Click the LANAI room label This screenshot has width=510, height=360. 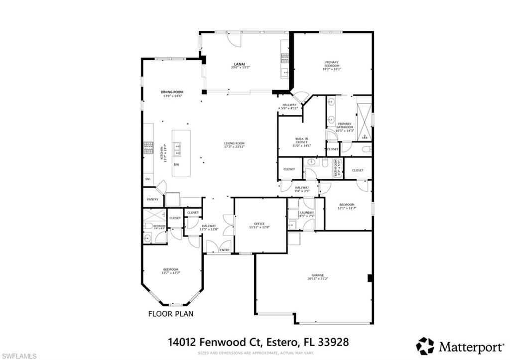point(239,64)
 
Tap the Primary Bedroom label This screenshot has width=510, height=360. point(332,64)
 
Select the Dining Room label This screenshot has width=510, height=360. point(172,92)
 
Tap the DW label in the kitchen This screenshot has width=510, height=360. point(176,165)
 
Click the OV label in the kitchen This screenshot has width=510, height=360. point(147,178)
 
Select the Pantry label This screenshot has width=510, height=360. point(152,200)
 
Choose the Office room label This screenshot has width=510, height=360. point(259,224)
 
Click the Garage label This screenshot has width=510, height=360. point(318,275)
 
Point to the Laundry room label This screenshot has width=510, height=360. point(307,213)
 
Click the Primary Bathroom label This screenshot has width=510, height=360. point(345,125)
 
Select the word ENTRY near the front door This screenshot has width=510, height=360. point(225,250)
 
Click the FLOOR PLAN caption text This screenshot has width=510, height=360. point(171,314)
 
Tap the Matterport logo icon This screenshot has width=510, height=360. point(425,346)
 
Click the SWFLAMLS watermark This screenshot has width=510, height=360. point(18,356)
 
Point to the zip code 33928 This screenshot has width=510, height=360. point(333,342)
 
